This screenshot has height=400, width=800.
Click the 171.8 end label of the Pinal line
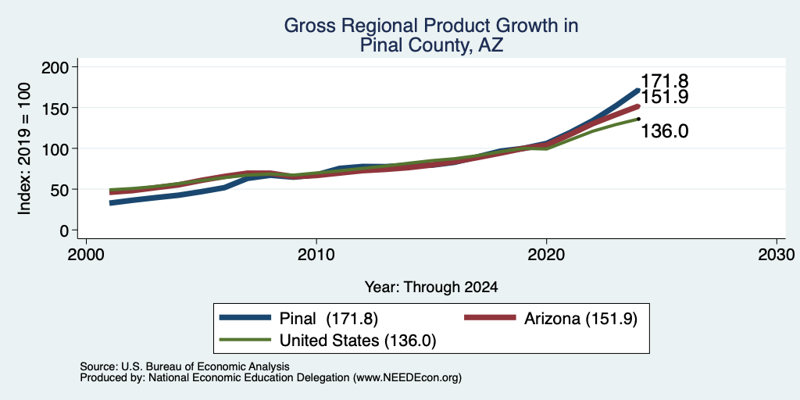click(x=664, y=81)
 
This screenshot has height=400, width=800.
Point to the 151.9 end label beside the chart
click(x=664, y=97)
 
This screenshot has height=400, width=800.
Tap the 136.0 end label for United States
click(x=664, y=131)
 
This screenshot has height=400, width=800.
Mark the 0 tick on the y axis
click(x=66, y=230)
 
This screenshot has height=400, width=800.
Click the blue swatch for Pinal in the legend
click(x=245, y=318)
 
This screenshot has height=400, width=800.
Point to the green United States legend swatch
click(x=245, y=339)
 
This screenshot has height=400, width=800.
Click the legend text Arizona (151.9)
click(x=580, y=319)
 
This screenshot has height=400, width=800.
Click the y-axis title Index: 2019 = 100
click(x=24, y=149)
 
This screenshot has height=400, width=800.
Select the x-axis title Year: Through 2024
click(x=431, y=287)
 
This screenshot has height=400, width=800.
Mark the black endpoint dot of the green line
click(x=638, y=119)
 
